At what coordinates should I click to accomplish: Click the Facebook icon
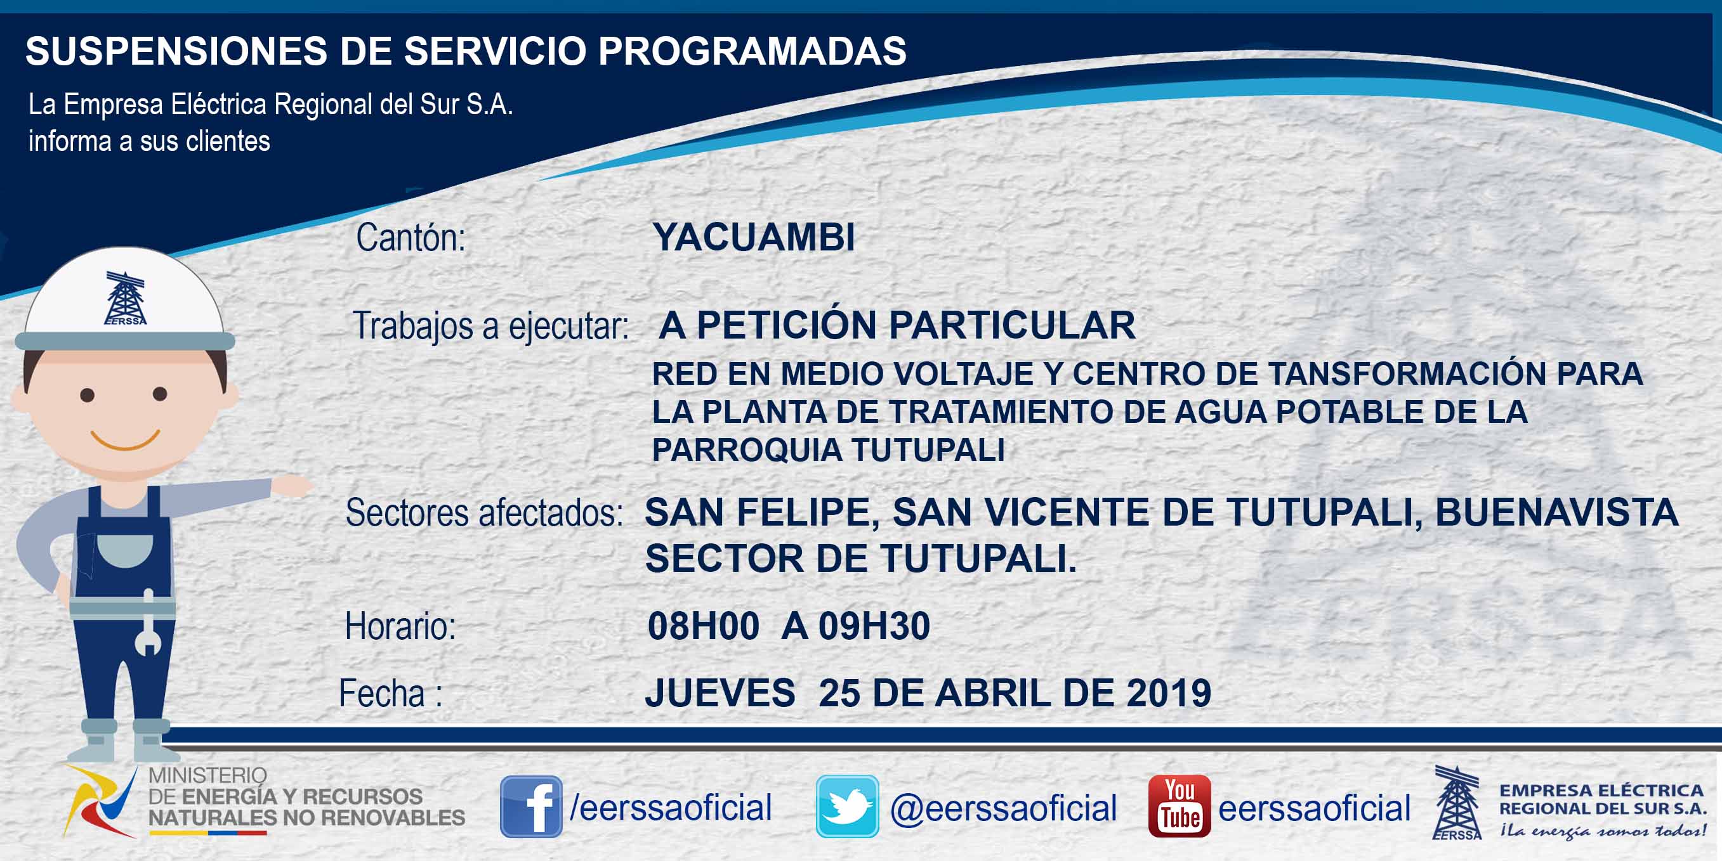point(531,806)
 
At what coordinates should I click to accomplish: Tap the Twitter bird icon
point(847,806)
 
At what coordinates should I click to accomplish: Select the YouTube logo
point(1179,806)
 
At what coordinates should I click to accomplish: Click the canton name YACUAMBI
point(753,237)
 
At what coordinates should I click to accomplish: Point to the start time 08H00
point(703,626)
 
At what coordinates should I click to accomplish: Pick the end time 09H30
point(874,626)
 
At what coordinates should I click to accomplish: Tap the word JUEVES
point(720,693)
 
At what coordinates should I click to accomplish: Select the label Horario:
point(400,626)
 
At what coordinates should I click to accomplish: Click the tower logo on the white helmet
point(125,298)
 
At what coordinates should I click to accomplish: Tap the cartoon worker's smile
point(125,440)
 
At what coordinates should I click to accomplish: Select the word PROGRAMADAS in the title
point(752,51)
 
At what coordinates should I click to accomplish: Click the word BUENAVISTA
point(1557,512)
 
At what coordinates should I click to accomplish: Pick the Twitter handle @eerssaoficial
point(1003,808)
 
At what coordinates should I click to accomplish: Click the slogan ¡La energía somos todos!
point(1602,831)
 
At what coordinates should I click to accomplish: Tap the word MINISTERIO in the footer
point(207,775)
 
